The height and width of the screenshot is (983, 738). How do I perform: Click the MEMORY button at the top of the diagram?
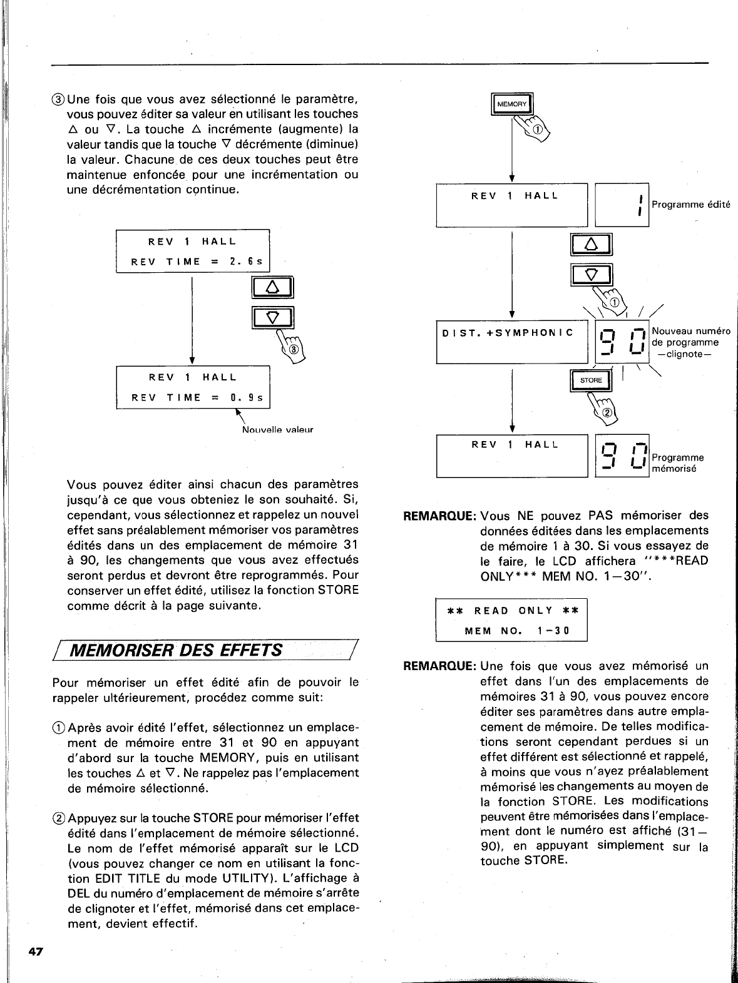click(x=512, y=104)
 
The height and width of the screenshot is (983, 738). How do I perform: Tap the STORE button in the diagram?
click(x=590, y=380)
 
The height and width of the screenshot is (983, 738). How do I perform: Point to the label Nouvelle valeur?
click(x=277, y=430)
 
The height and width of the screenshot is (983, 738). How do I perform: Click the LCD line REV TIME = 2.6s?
click(x=197, y=262)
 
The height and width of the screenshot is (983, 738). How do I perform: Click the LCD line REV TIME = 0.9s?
click(x=197, y=397)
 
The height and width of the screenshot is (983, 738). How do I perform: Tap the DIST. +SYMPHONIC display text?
click(x=508, y=333)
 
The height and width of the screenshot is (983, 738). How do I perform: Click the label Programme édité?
click(x=691, y=205)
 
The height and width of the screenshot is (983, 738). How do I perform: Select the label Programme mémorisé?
click(x=677, y=463)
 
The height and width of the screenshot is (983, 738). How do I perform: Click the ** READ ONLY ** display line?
click(x=511, y=611)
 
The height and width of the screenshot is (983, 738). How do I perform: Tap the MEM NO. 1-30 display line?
click(x=516, y=631)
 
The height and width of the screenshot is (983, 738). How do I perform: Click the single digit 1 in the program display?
click(x=640, y=205)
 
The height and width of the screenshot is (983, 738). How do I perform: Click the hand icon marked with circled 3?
click(x=294, y=346)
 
